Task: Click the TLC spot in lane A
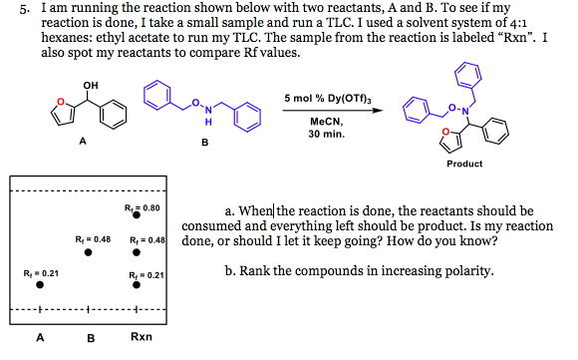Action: coord(40,285)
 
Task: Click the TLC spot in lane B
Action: coord(90,253)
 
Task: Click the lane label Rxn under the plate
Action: coord(141,337)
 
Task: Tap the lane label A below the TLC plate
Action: coord(40,337)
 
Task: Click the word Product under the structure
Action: coord(464,163)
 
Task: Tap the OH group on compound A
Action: coord(92,84)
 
